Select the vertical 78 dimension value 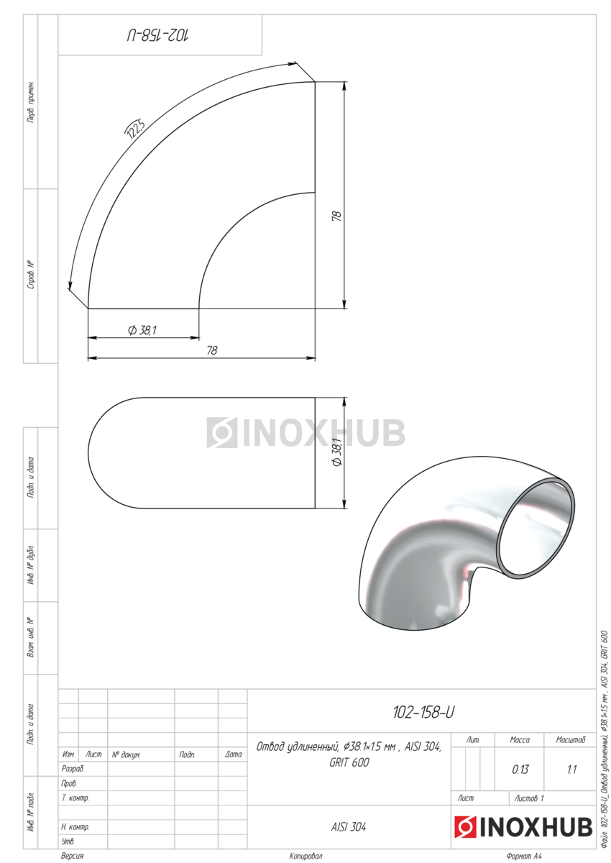click(x=336, y=216)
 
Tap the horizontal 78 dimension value click(x=212, y=350)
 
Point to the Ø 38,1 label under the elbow click(x=142, y=330)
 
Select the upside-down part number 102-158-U click(x=158, y=35)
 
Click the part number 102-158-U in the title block click(x=423, y=712)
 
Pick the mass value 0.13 click(x=520, y=770)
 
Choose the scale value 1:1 click(x=571, y=770)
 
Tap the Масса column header click(x=520, y=740)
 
